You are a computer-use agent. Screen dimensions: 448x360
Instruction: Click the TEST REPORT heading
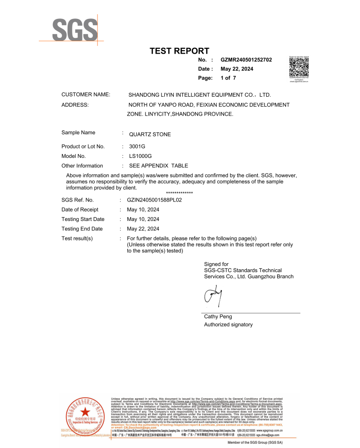(180, 51)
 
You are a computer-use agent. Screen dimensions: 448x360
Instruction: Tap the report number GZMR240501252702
(246, 60)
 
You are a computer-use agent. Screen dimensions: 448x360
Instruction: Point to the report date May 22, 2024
(237, 69)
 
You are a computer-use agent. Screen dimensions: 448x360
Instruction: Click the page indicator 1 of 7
(228, 78)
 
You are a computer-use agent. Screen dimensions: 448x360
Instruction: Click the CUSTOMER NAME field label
(86, 95)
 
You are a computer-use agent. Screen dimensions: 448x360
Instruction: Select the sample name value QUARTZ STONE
(150, 135)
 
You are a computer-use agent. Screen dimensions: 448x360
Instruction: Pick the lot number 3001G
(137, 146)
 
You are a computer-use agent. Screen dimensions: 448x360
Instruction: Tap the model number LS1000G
(140, 156)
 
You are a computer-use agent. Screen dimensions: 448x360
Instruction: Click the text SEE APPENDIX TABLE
(159, 166)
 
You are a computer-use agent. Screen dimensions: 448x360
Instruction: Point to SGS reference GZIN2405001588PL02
(154, 200)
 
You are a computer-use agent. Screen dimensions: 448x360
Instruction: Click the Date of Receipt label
(80, 210)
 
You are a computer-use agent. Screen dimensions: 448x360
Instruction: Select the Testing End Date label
(82, 229)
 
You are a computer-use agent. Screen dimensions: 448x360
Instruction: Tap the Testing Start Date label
(83, 219)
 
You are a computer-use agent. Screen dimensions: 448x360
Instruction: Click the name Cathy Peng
(218, 316)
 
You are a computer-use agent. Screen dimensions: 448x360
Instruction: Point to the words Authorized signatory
(228, 325)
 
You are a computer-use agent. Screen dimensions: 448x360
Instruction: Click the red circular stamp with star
(85, 413)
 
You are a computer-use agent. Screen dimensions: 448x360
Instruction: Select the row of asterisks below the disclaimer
(180, 193)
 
